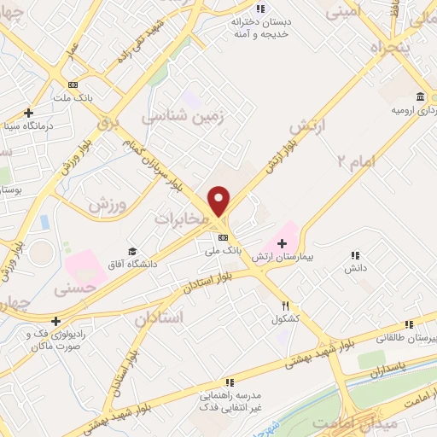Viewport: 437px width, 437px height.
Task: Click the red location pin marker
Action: tap(219, 201)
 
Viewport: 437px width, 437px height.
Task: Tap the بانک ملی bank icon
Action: tap(224, 238)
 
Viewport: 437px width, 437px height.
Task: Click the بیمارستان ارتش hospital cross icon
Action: tap(282, 244)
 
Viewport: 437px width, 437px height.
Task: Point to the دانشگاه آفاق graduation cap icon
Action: tap(132, 251)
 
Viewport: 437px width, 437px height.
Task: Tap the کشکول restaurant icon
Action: tap(287, 306)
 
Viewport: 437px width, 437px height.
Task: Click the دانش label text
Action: tap(355, 268)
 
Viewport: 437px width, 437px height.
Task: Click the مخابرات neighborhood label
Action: tap(181, 219)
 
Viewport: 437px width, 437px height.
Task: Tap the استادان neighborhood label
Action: tap(159, 318)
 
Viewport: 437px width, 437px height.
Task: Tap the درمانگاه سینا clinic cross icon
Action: tap(28, 113)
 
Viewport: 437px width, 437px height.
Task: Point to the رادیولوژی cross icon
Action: tap(56, 321)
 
